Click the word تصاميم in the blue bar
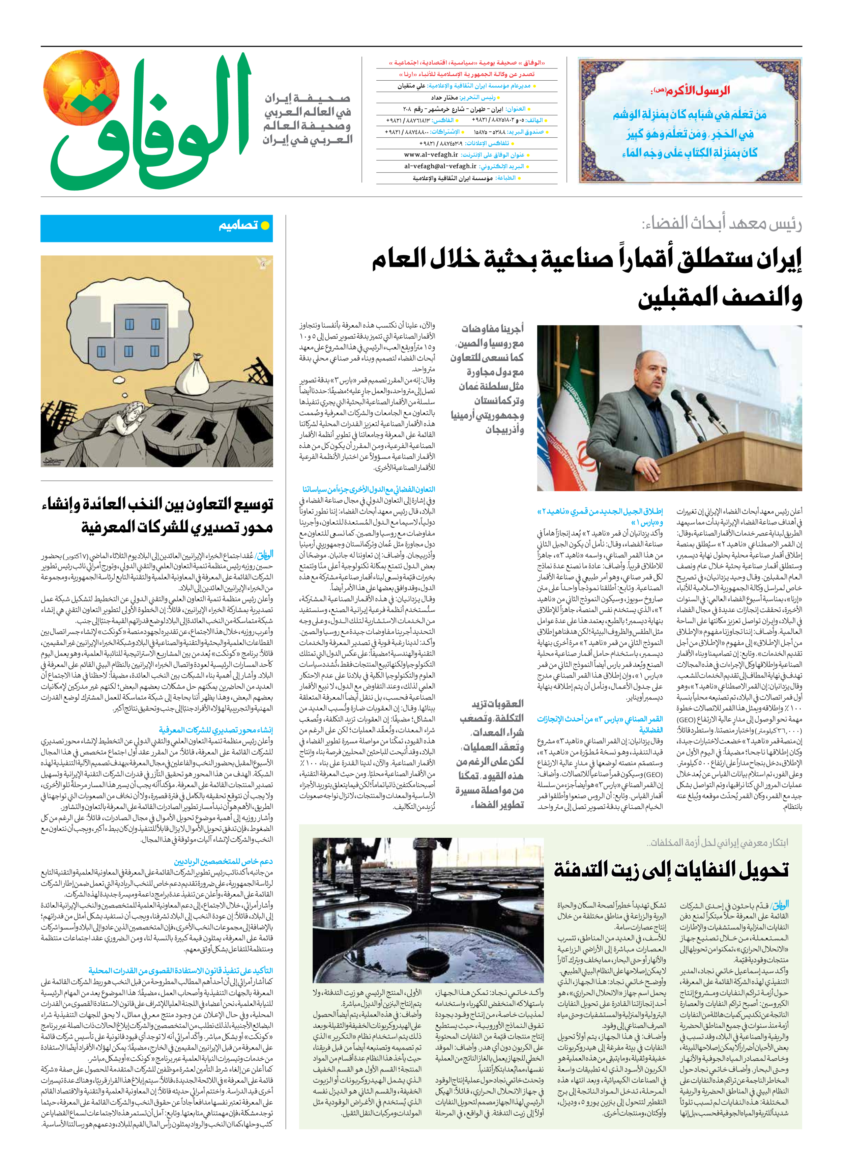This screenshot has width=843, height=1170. click(238, 225)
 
